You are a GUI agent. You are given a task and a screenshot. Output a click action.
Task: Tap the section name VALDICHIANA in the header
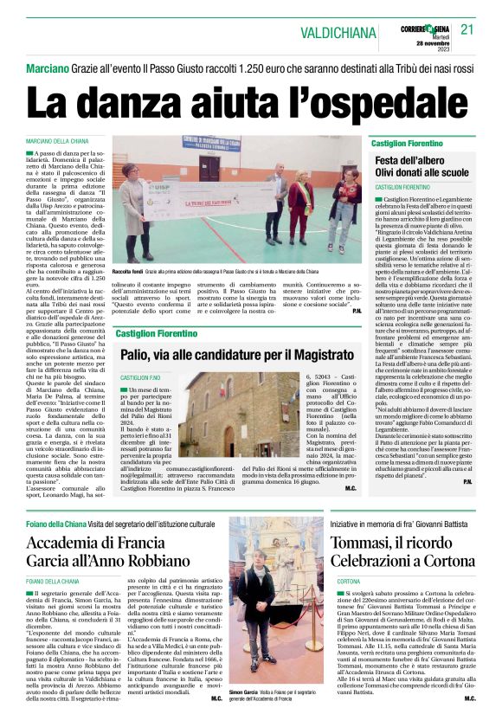click(338, 33)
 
